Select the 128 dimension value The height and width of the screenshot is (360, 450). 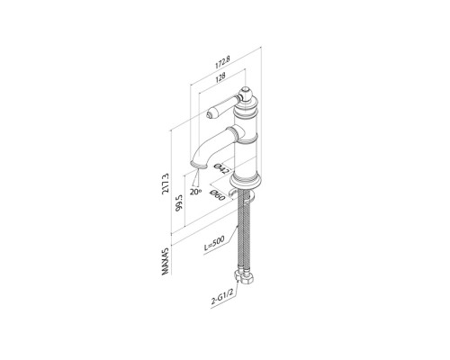(220, 77)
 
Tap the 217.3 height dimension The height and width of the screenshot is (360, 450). (166, 184)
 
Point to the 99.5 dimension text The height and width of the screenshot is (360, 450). (179, 203)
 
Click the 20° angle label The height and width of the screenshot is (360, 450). (195, 192)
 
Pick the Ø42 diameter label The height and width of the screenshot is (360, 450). (222, 169)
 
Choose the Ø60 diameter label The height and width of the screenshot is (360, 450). (217, 195)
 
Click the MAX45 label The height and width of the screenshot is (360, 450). (166, 261)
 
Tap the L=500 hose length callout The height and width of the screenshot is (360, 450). (214, 245)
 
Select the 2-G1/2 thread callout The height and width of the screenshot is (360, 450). (222, 297)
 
